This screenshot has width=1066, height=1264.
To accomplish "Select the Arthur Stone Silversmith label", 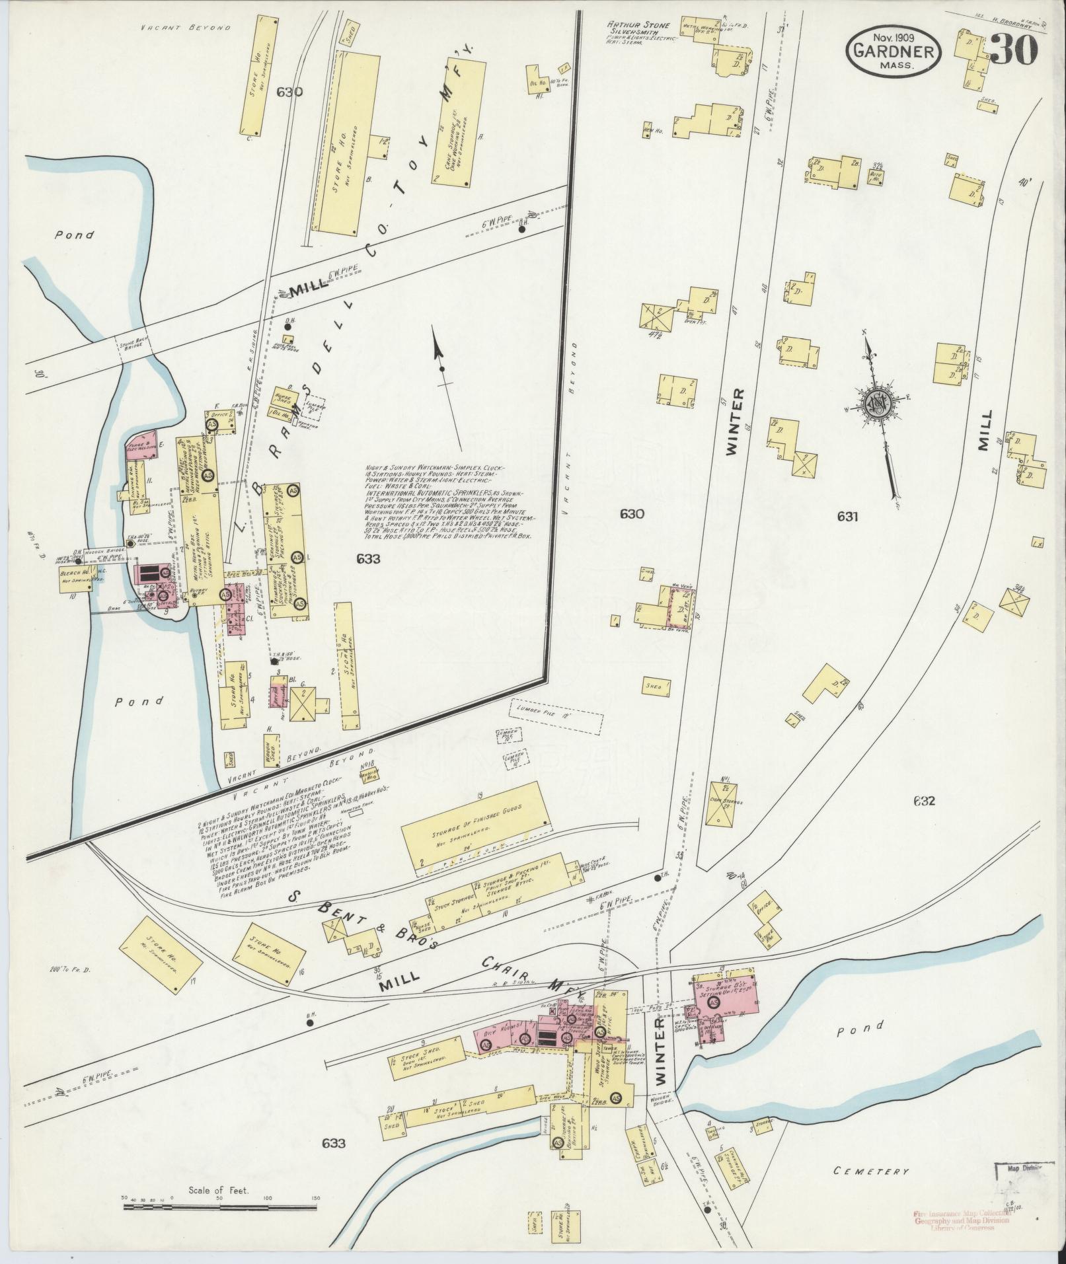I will (638, 29).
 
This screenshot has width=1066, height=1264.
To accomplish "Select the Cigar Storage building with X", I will (721, 803).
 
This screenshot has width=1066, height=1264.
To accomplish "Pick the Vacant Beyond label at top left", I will (186, 28).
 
